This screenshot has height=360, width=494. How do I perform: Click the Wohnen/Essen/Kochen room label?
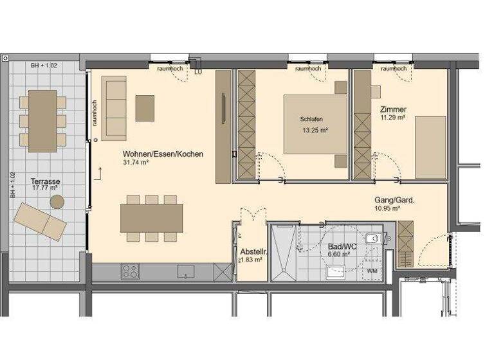163,154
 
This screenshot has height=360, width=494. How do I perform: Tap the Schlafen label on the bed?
311,120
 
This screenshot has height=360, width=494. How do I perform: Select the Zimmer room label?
393,109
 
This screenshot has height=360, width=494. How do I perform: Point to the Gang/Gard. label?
395,199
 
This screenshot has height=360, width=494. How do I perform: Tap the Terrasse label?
46,182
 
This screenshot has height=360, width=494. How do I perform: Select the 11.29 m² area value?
392,118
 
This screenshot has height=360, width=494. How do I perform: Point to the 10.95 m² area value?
388,208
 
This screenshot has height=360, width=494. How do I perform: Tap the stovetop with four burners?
129,272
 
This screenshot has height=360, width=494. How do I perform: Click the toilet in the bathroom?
372,240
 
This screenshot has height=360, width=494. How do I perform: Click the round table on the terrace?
57,203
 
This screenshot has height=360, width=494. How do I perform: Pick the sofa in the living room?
114,108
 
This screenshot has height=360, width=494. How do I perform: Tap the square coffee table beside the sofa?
145,107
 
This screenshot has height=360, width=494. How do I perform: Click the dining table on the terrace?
42,121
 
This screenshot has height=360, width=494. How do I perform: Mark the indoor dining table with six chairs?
151,218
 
